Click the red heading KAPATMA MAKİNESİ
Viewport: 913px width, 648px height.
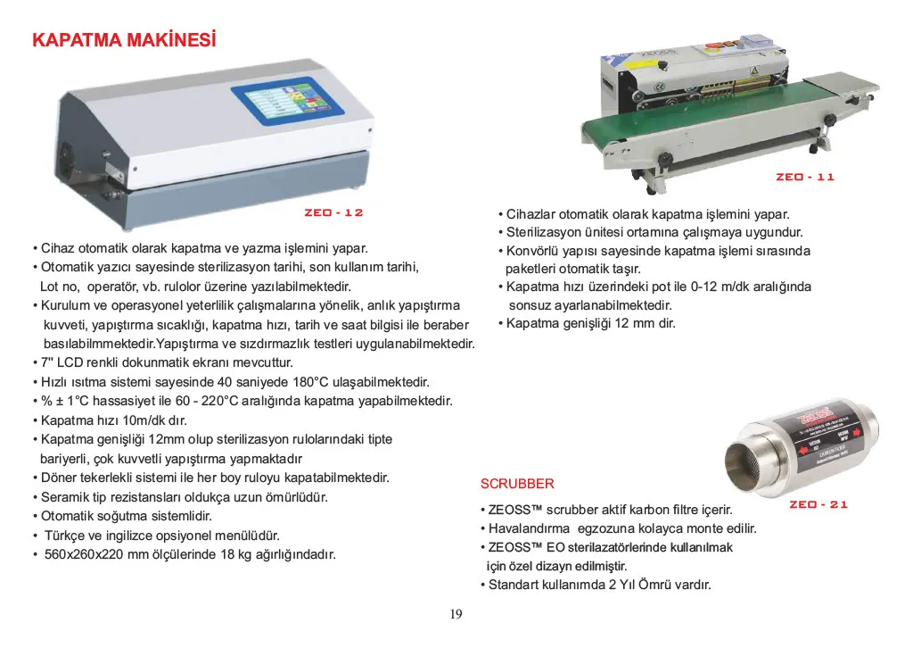click(x=124, y=39)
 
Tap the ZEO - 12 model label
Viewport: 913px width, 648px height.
click(x=333, y=212)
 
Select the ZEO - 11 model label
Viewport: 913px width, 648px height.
click(x=805, y=177)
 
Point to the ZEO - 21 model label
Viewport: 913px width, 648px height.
click(x=818, y=504)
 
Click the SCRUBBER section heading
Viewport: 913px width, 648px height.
click(x=517, y=484)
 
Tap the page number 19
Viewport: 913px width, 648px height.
click(x=456, y=613)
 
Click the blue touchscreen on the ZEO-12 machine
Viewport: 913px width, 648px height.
click(x=288, y=101)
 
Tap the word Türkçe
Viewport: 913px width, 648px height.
click(x=65, y=536)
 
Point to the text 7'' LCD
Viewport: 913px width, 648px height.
click(x=62, y=362)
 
